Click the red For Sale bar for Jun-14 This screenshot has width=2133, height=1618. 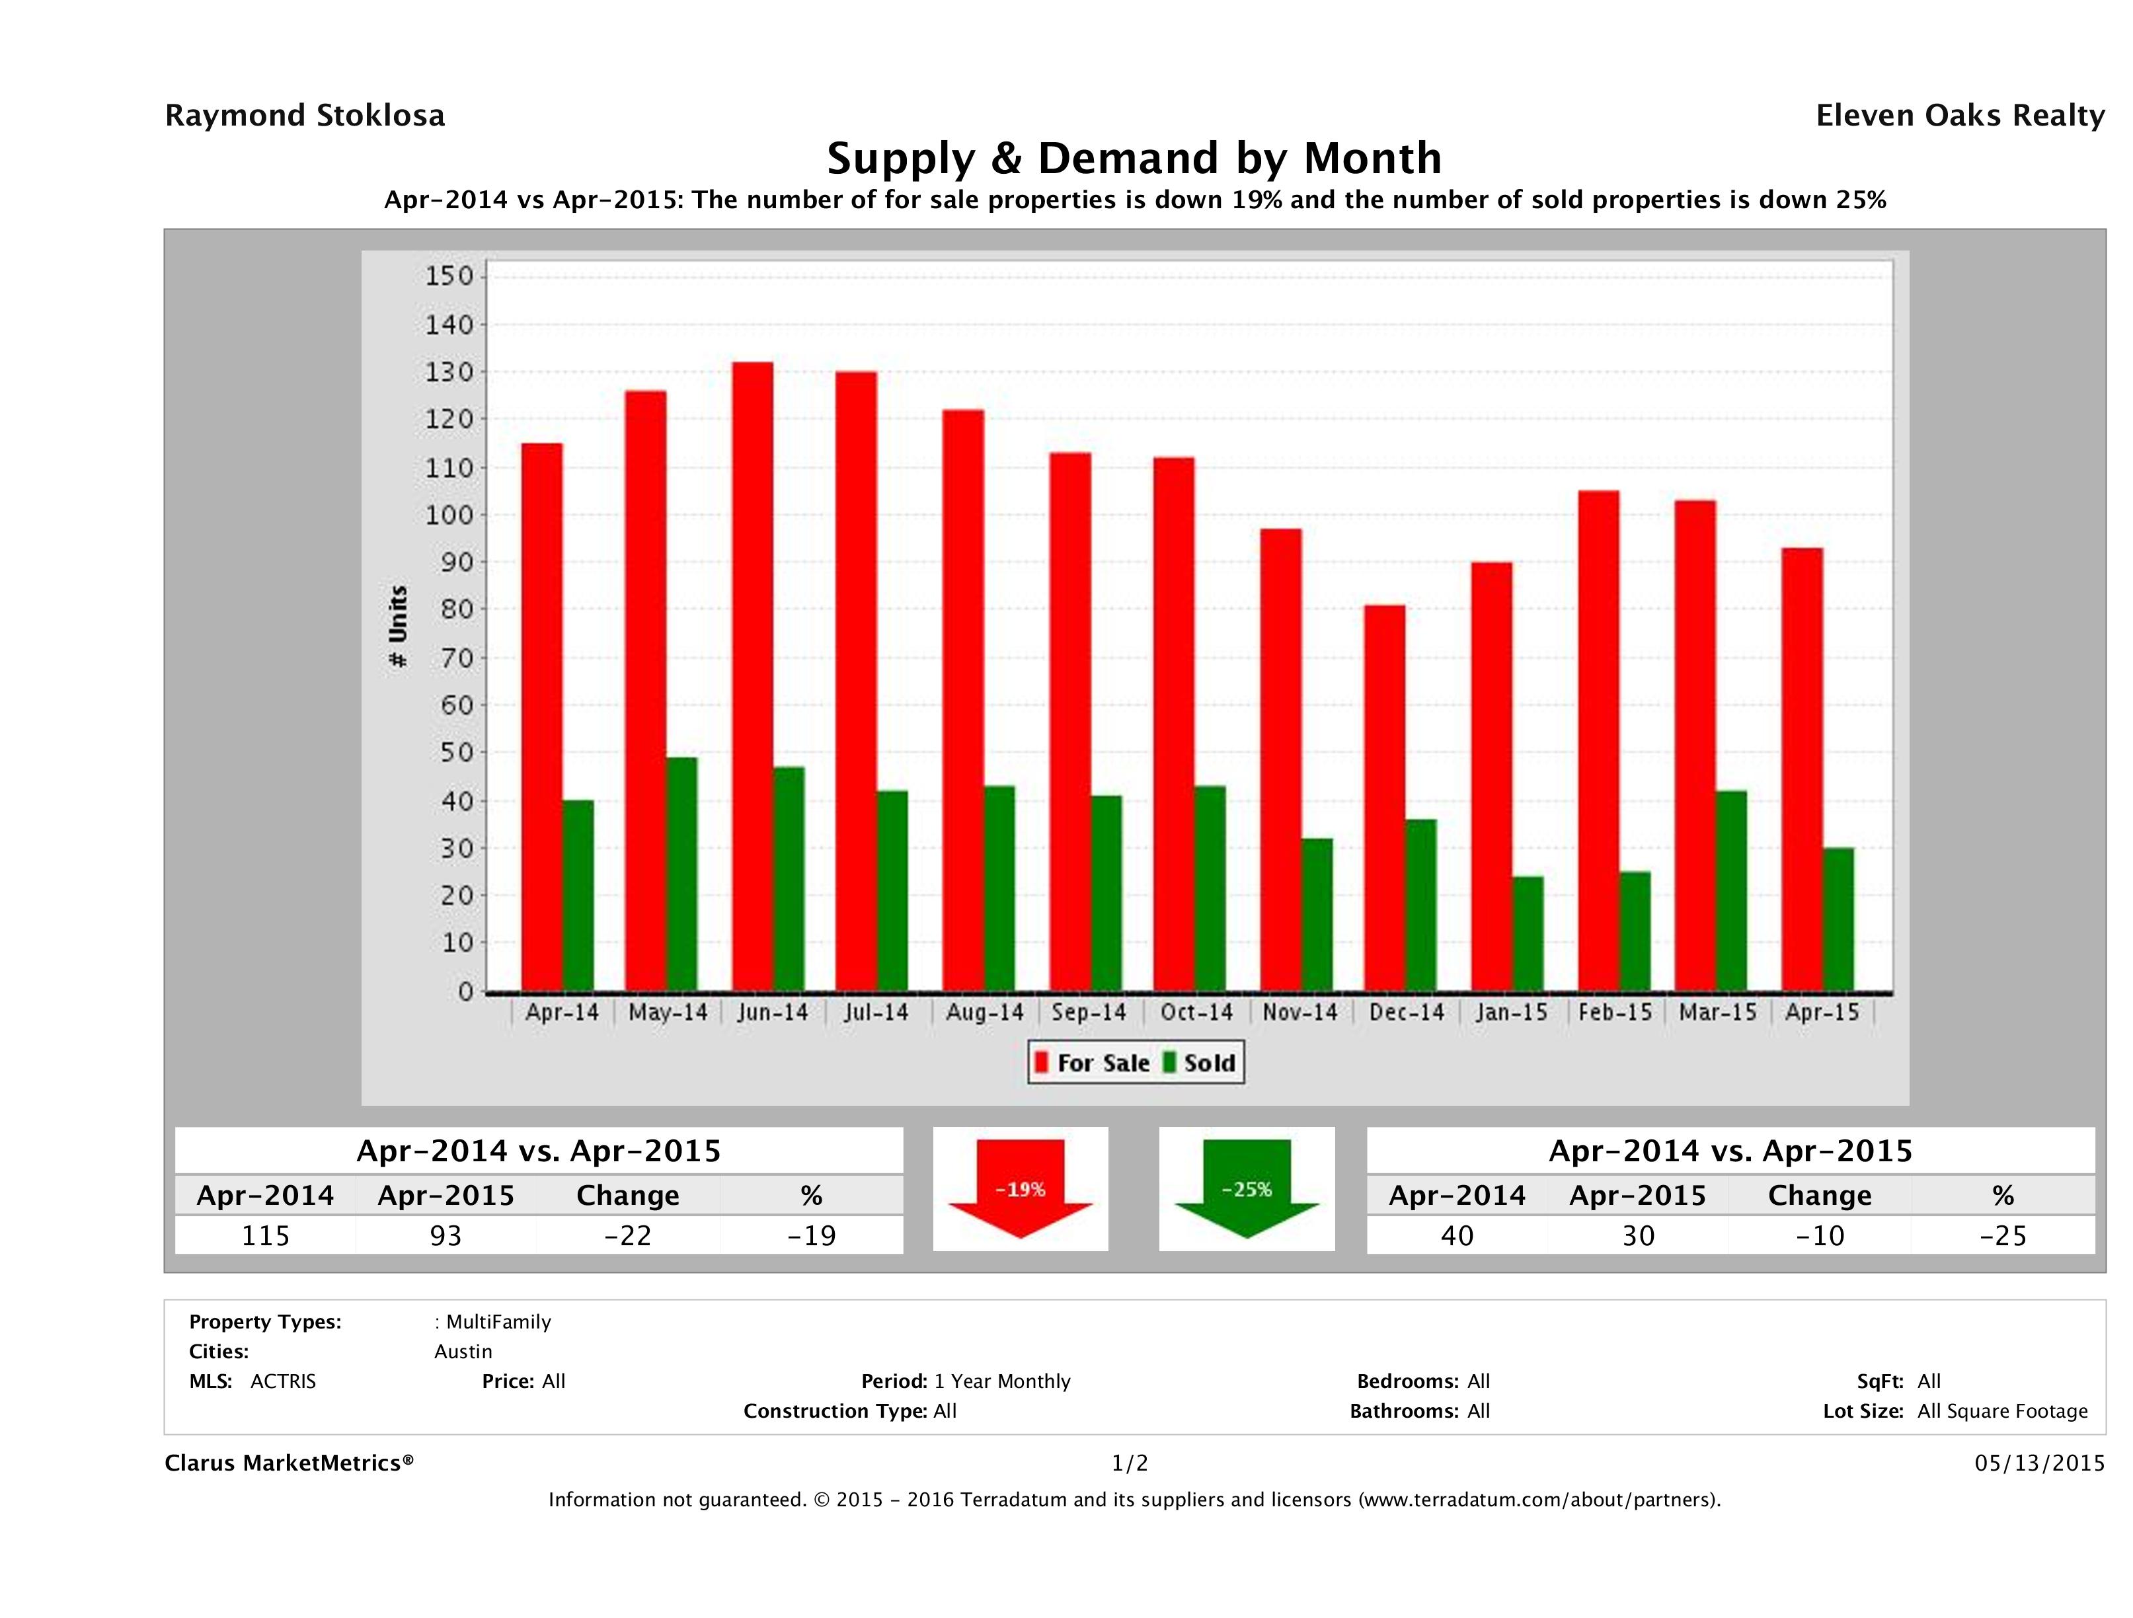[752, 675]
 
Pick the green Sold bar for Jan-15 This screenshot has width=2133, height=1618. [1528, 933]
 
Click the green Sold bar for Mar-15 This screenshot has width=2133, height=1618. [1731, 891]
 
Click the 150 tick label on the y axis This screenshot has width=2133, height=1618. [449, 277]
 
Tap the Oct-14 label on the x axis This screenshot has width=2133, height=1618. [1196, 1013]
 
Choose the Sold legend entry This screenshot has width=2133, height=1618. [1200, 1063]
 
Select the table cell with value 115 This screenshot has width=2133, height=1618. [265, 1235]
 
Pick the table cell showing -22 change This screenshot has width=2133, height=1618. [628, 1235]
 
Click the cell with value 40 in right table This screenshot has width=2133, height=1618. [1457, 1235]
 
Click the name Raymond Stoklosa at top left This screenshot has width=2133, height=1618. [305, 116]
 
